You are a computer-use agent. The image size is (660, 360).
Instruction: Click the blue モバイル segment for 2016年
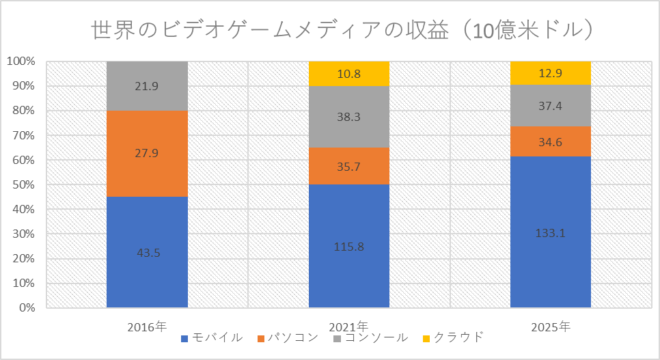(x=147, y=225)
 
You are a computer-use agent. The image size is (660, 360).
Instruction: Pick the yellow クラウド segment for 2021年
(x=348, y=73)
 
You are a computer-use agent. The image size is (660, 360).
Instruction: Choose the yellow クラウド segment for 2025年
(x=551, y=72)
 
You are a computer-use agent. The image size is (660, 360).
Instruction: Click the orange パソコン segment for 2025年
(x=551, y=141)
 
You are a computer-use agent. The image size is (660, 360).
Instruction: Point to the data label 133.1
(x=551, y=233)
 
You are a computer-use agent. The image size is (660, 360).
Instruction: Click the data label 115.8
(x=348, y=247)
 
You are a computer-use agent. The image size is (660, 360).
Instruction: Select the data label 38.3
(x=348, y=117)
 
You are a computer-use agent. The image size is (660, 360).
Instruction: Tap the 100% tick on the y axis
(x=20, y=61)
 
